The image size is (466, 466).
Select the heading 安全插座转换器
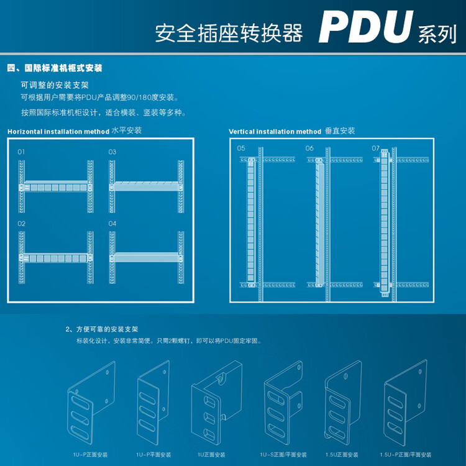coord(229,33)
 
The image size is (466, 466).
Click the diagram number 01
coord(21,152)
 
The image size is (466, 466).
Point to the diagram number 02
coord(21,223)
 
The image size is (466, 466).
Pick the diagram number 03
coord(112,152)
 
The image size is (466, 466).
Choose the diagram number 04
coord(112,223)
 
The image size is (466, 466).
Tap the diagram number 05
coord(241,148)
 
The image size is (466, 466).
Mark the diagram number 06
coord(309,148)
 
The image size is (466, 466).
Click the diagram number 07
coord(375,148)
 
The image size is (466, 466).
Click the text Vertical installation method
coord(275,132)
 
